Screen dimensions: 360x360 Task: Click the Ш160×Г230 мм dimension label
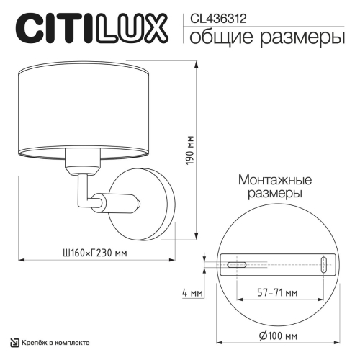96,253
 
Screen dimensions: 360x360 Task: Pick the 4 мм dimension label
192,293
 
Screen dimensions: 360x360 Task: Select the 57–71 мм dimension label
278,293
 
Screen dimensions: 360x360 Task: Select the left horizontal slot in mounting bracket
238,264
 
